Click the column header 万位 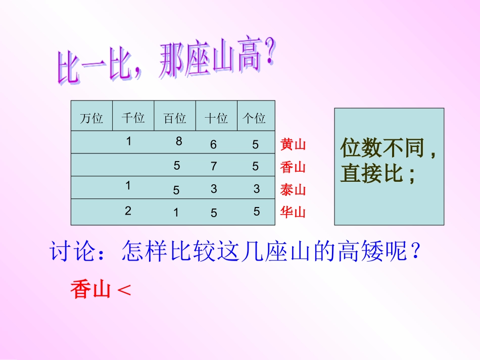point(91,118)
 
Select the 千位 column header point(133,118)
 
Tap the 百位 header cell point(175,118)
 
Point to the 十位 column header point(216,118)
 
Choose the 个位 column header point(254,118)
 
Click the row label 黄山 point(294,145)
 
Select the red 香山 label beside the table point(294,167)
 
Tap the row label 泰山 point(294,190)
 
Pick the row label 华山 point(294,212)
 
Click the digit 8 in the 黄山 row point(179,142)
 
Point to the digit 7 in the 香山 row point(214,166)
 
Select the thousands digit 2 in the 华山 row point(128,211)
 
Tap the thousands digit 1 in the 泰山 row point(128,185)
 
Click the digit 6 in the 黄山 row point(214,145)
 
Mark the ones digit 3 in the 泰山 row point(257,189)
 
